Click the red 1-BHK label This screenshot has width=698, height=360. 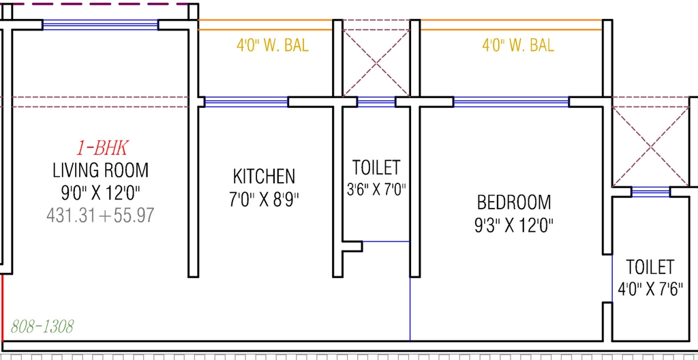tap(103, 149)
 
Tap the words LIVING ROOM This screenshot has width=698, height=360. tap(101, 170)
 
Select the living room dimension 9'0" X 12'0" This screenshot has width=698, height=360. tap(101, 194)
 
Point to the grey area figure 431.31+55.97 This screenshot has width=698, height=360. tap(100, 215)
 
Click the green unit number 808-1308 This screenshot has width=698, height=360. tap(42, 327)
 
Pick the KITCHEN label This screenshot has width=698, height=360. tap(264, 177)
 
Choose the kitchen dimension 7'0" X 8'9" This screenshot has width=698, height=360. tap(264, 199)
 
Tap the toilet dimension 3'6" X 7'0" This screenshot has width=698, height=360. tap(376, 190)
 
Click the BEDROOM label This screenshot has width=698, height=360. tap(514, 202)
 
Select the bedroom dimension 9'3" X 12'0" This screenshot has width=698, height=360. tap(514, 226)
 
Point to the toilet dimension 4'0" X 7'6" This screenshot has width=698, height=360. tap(650, 290)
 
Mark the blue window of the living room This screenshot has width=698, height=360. tap(101, 25)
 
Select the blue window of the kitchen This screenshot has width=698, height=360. tap(246, 102)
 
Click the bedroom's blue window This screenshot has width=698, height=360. tap(511, 102)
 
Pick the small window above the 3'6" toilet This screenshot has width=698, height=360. tap(376, 102)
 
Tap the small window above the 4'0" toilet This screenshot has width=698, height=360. tap(651, 192)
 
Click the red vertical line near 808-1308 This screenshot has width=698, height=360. tap(3, 307)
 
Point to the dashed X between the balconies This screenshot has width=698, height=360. tap(376, 63)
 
